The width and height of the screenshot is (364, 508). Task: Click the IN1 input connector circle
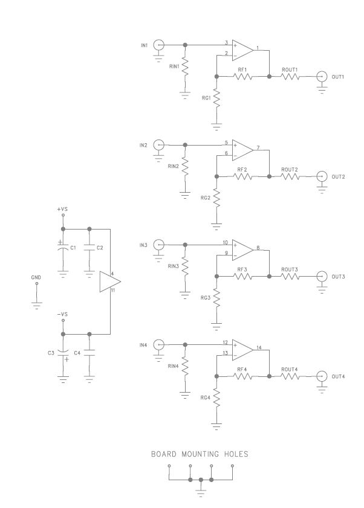pos(158,45)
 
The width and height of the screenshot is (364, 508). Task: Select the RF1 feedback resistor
pos(243,77)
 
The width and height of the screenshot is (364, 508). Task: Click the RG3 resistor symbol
pos(216,298)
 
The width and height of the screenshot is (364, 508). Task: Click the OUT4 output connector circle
pos(322,376)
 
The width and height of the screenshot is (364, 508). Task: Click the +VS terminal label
pos(62,209)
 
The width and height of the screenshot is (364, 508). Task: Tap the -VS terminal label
pos(62,315)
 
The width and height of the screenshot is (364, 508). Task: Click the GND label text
pos(36,278)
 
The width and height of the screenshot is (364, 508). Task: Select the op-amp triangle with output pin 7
pos(244,149)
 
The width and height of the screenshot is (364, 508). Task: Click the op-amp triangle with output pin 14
pos(244,349)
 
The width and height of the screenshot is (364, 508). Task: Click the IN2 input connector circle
pos(158,144)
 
